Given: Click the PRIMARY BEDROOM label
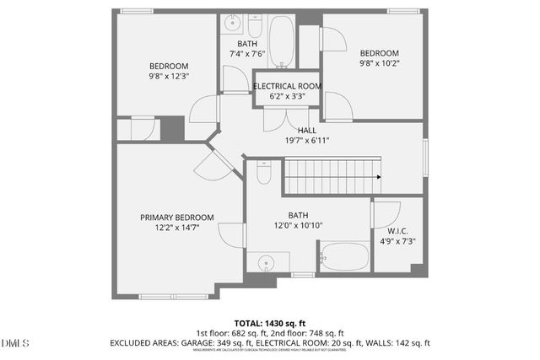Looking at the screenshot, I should [x=177, y=217].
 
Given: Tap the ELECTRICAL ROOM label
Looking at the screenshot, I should [x=287, y=86].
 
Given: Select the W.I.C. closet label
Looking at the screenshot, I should [x=397, y=230].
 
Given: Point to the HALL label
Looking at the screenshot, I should [x=306, y=130].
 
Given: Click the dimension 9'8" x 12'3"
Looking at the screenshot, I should [x=169, y=77].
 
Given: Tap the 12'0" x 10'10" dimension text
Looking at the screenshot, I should [x=299, y=225].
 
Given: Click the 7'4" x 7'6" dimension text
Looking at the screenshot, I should [x=247, y=54].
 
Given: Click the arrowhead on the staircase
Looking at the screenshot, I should [x=378, y=177].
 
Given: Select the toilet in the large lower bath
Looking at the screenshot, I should [x=263, y=173].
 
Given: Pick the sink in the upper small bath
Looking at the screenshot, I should [x=231, y=24].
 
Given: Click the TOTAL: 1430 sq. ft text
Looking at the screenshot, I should [x=269, y=323].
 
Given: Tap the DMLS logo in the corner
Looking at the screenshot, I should [x=15, y=343].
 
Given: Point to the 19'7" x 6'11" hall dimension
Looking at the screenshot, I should [x=306, y=140].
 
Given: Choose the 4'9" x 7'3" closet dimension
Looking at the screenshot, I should [x=397, y=241].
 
